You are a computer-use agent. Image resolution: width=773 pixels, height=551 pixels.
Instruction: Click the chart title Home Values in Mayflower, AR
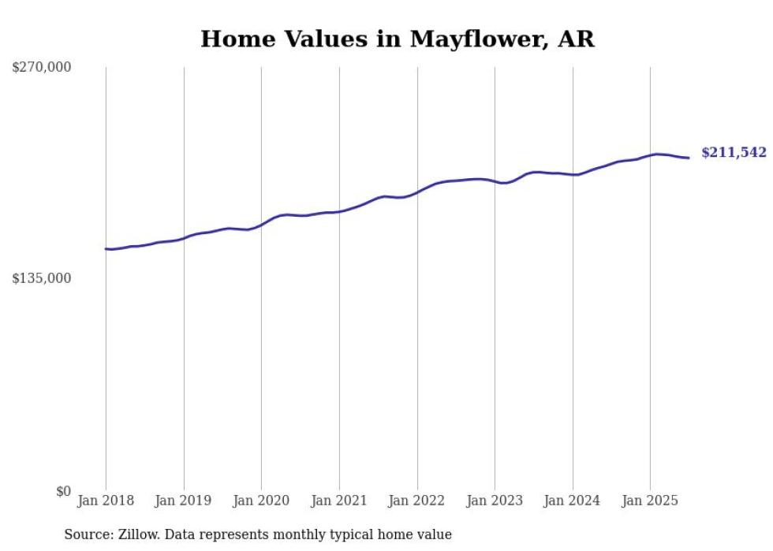(x=397, y=39)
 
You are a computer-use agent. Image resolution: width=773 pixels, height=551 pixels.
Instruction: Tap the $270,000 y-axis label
(x=42, y=68)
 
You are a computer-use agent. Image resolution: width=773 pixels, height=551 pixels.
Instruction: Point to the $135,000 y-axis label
(x=42, y=278)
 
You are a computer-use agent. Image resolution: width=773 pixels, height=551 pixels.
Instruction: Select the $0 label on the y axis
(x=63, y=491)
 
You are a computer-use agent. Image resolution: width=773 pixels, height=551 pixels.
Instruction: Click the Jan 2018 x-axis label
(x=106, y=501)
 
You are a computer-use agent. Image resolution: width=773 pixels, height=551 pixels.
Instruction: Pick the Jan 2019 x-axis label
(x=184, y=501)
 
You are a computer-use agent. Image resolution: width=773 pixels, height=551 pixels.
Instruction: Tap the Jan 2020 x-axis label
(x=261, y=501)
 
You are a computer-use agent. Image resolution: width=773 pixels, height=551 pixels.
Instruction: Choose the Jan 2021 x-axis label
(x=339, y=501)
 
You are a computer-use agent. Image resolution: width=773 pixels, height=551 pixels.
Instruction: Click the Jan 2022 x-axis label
(x=417, y=501)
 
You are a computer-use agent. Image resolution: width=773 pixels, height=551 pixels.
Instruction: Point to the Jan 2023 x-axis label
(x=495, y=501)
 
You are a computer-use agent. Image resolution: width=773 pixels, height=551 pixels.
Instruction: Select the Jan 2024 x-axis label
(x=573, y=501)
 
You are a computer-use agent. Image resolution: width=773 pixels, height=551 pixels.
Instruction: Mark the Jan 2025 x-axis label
(x=650, y=501)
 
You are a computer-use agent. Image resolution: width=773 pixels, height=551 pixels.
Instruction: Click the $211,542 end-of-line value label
(x=734, y=153)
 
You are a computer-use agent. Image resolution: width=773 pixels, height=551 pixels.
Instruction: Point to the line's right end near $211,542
(x=689, y=158)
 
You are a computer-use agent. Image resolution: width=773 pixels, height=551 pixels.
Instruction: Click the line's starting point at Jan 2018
(x=106, y=249)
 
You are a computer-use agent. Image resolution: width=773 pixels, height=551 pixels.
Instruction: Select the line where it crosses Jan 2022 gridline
(x=417, y=191)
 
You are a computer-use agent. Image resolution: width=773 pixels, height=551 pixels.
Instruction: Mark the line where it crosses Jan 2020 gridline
(x=261, y=225)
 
